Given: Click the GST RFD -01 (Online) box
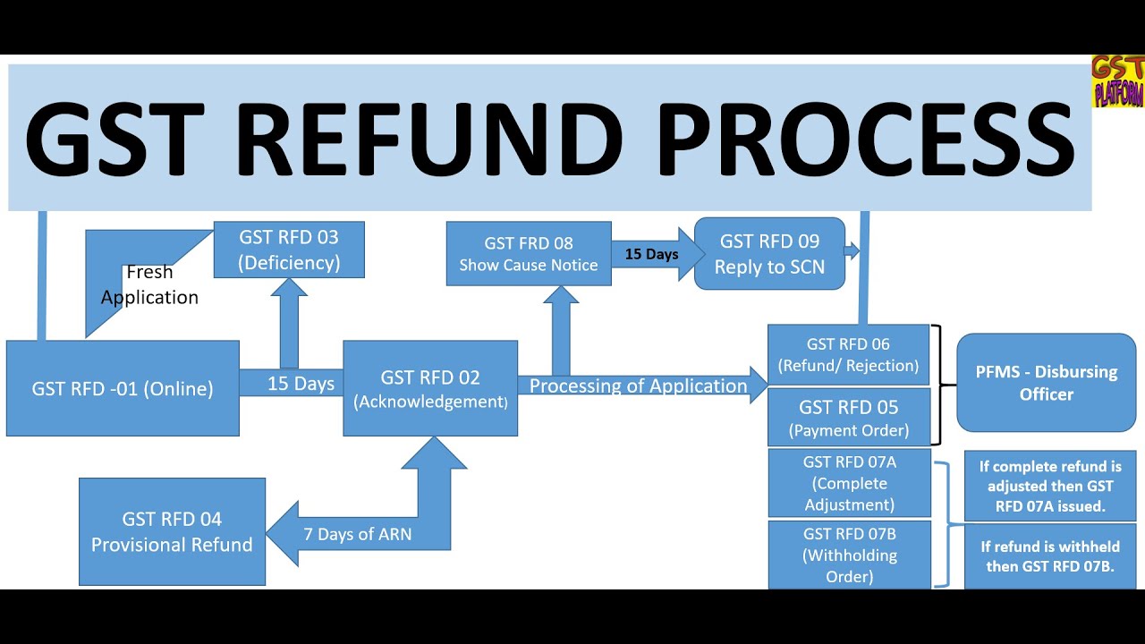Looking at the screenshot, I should (x=123, y=388).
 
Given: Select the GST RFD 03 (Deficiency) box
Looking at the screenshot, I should (x=289, y=250).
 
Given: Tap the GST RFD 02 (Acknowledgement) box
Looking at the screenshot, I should (x=430, y=388).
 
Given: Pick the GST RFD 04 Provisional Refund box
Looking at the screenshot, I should (x=172, y=531).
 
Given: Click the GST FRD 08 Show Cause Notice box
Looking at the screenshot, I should (x=529, y=254).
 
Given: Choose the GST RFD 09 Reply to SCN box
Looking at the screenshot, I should (x=769, y=254).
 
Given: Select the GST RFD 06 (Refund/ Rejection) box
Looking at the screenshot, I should (x=848, y=354).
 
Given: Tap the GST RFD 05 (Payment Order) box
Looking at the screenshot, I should (x=848, y=417).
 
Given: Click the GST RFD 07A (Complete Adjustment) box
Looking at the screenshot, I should (x=849, y=484).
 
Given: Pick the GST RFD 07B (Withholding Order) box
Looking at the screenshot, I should (x=849, y=555).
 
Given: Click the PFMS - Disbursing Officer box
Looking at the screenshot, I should (x=1046, y=383).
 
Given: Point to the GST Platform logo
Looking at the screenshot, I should (x=1117, y=81).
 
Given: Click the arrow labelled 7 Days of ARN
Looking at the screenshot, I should (x=358, y=534).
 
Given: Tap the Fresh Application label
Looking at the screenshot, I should (x=149, y=284).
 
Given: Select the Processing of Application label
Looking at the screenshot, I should (x=638, y=386).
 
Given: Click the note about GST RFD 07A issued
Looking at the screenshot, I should (x=1050, y=486).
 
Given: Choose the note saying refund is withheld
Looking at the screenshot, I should (x=1050, y=555).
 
